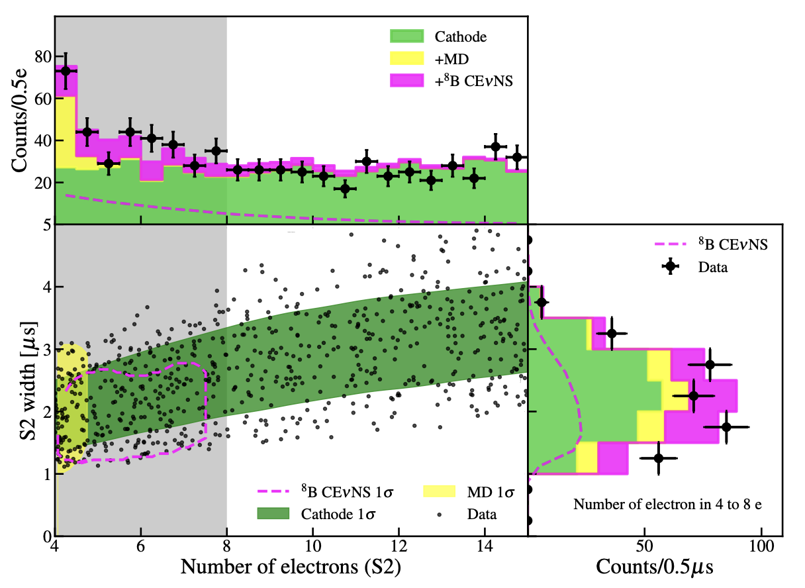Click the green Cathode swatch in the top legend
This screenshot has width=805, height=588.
(x=407, y=36)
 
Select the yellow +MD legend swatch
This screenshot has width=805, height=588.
(x=407, y=58)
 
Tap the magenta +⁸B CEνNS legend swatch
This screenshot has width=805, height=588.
(x=407, y=81)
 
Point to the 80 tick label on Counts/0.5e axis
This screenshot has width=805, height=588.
(x=43, y=56)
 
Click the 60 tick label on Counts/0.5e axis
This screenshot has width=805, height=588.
(x=43, y=99)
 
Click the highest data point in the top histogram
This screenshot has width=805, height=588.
(x=66, y=71)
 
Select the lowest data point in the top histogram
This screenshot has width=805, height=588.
(x=345, y=188)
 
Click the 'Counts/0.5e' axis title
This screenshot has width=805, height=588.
(x=19, y=121)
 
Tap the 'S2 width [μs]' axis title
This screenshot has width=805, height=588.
(x=28, y=381)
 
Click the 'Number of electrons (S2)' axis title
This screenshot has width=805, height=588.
(x=291, y=566)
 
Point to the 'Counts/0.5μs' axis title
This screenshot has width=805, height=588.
(x=654, y=567)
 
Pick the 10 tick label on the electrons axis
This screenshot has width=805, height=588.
(x=312, y=546)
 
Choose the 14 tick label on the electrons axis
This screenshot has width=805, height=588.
(x=485, y=546)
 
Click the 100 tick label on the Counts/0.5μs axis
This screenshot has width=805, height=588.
(x=761, y=546)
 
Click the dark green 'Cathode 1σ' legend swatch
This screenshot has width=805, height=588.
(x=273, y=513)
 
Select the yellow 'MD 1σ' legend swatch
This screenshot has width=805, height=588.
(x=439, y=491)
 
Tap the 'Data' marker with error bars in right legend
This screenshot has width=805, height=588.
(x=670, y=266)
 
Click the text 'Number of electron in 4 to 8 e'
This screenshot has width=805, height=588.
(x=667, y=505)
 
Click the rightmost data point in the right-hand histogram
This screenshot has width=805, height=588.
(x=726, y=427)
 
